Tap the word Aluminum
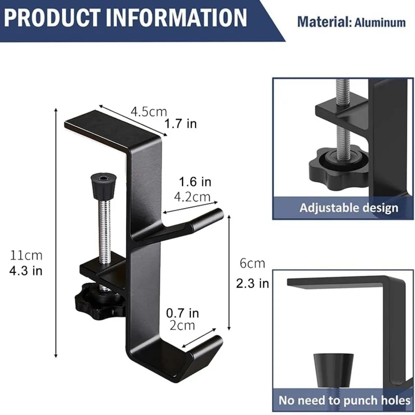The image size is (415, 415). point(380,22)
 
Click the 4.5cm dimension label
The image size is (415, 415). point(148,111)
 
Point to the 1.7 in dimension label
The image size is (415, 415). point(181,123)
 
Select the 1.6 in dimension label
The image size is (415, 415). point(195,182)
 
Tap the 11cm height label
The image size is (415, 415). point(25,256)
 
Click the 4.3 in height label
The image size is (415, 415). point(25,270)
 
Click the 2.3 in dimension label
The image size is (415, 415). point(253,283)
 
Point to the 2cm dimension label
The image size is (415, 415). point(182,326)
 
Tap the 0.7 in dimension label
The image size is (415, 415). point(183,313)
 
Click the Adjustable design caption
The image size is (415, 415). point(349,208)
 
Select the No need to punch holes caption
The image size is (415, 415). point(344,400)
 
